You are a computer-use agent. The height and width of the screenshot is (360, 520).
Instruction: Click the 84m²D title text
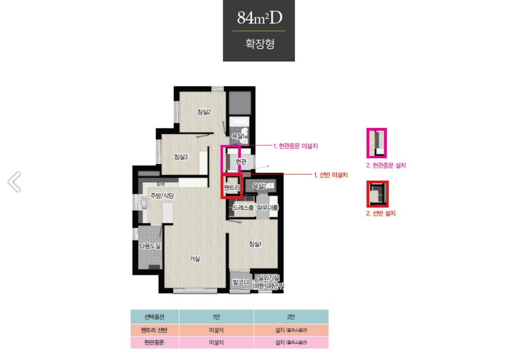click(259, 18)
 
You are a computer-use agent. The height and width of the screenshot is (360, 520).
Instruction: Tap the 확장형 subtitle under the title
click(260, 43)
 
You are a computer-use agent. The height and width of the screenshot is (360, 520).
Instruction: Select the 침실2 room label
click(204, 111)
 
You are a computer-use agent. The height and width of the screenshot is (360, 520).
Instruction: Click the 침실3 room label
click(181, 157)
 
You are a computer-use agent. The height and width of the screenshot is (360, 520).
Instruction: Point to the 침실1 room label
click(255, 244)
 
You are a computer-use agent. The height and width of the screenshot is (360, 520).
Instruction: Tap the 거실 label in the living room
click(195, 259)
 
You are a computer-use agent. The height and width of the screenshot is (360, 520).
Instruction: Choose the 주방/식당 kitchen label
click(162, 195)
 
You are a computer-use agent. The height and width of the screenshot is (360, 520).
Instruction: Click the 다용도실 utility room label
click(150, 245)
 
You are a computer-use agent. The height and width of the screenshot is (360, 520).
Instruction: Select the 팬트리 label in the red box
click(231, 187)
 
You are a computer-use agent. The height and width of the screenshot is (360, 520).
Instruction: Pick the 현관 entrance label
click(241, 161)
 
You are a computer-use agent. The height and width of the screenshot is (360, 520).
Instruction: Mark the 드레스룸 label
click(243, 208)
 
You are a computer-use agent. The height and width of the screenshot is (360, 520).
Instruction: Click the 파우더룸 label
click(268, 208)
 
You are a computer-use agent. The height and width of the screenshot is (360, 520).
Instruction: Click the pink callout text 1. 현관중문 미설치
click(295, 146)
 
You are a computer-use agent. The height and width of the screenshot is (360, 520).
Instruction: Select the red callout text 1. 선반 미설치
click(330, 174)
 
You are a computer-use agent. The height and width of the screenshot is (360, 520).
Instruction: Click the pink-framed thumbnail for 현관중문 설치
click(377, 143)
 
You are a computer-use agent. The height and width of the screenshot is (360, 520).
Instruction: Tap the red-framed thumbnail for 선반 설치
click(377, 194)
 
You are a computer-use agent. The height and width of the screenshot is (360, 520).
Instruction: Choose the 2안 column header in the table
click(291, 317)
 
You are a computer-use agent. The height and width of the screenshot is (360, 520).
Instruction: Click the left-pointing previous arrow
click(15, 182)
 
